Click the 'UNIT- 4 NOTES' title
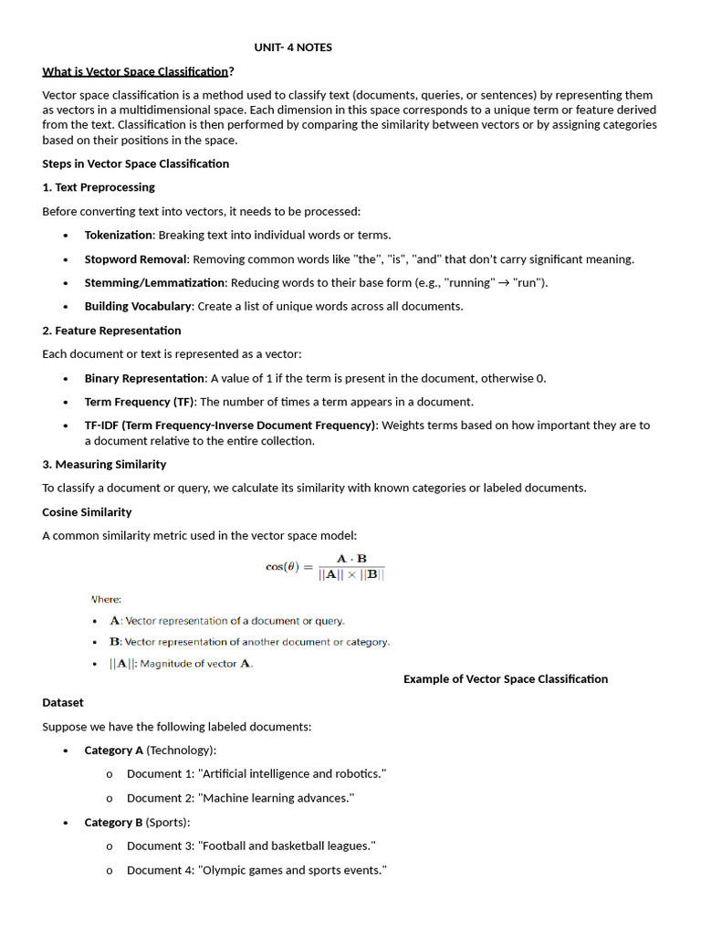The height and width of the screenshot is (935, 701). [x=293, y=47]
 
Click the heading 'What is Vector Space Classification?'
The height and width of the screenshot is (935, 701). [x=138, y=71]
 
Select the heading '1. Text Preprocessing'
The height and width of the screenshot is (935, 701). [x=99, y=187]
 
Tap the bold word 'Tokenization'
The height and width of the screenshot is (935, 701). [x=118, y=235]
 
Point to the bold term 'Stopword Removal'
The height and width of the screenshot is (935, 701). [x=135, y=259]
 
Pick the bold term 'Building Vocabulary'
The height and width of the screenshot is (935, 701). [x=138, y=306]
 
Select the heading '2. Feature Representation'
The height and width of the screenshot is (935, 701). [x=111, y=331]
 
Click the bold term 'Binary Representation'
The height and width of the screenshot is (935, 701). [x=144, y=378]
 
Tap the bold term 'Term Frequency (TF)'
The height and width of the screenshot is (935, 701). [x=140, y=402]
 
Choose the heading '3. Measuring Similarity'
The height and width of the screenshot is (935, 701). [x=104, y=464]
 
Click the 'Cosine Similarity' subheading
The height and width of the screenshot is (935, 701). [x=87, y=512]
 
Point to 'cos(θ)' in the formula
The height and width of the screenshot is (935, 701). [x=282, y=566]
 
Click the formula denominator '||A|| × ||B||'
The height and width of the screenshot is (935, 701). [x=351, y=575]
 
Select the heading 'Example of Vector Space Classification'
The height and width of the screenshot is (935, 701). [x=506, y=678]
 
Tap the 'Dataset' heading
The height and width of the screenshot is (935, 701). [x=63, y=702]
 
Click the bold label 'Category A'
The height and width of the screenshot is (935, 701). [x=114, y=751]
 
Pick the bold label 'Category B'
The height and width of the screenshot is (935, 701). [x=114, y=822]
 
